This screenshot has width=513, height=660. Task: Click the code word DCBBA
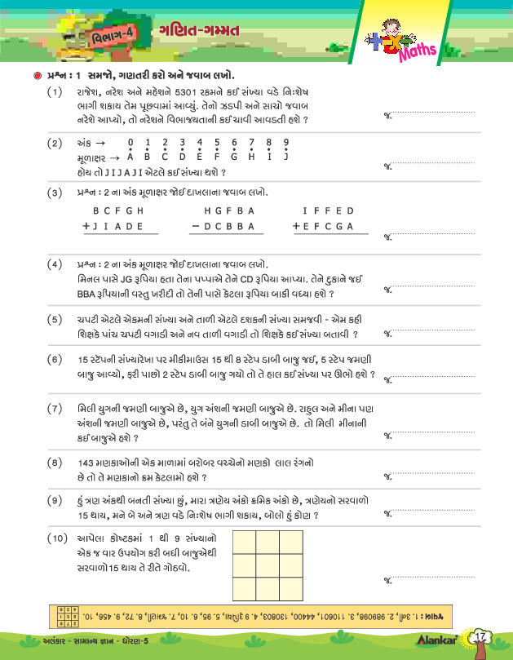pyautogui.click(x=228, y=226)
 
